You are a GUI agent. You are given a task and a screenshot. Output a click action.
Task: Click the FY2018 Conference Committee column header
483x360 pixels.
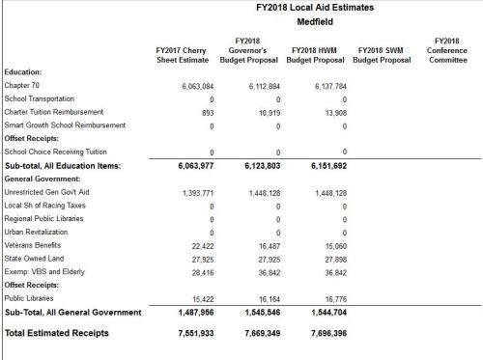click(x=447, y=53)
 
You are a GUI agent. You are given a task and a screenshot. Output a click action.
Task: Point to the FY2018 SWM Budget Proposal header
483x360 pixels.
click(x=383, y=53)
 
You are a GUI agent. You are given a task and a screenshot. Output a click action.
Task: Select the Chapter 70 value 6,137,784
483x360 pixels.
click(x=326, y=86)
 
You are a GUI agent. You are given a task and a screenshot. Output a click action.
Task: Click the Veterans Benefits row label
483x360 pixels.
click(x=35, y=245)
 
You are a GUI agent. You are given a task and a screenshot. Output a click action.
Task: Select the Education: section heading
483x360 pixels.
click(x=23, y=72)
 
